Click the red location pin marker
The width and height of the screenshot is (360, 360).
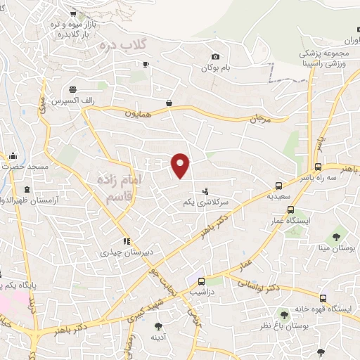(x=181, y=165)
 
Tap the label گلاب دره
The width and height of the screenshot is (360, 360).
(x=123, y=44)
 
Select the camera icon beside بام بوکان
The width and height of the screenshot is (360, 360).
(x=215, y=57)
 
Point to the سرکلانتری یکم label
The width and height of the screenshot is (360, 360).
(x=206, y=202)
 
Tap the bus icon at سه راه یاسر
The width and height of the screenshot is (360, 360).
(x=319, y=167)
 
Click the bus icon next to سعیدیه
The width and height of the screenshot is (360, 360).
(x=279, y=186)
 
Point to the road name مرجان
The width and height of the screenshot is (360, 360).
(x=259, y=120)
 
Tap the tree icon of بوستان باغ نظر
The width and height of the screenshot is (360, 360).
(x=284, y=315)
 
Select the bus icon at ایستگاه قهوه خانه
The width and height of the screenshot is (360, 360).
(x=323, y=298)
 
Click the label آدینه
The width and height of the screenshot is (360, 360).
(x=158, y=337)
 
